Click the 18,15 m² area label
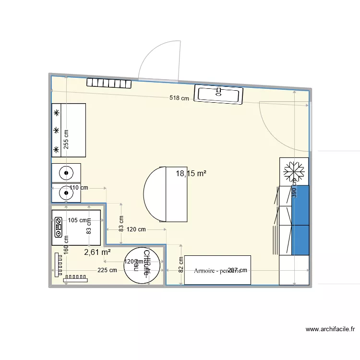point(191,174)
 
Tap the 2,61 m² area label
point(97,252)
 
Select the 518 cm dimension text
point(179,98)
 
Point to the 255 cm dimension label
point(66,140)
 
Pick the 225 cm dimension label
point(107,270)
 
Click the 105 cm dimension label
point(78,221)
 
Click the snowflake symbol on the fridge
point(294,171)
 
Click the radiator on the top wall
point(109,84)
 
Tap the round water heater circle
point(144,266)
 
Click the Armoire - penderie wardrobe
point(217,270)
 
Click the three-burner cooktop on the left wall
point(68,130)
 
